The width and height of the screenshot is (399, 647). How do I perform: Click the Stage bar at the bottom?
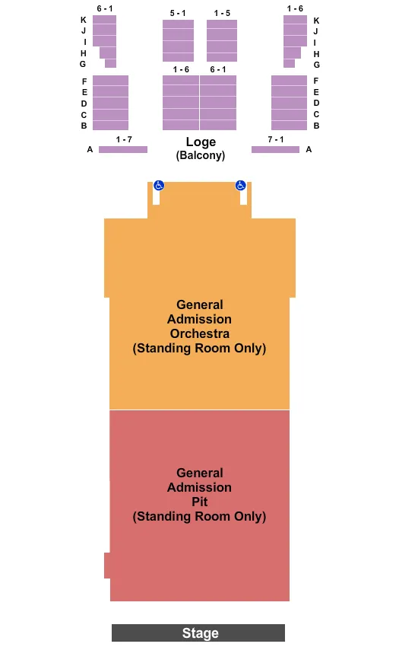[x=198, y=633]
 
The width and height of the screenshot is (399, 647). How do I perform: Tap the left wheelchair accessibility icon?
[x=159, y=185]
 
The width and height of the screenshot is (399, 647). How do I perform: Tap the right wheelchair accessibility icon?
[x=240, y=185]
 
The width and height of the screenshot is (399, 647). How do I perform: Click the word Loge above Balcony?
[x=201, y=142]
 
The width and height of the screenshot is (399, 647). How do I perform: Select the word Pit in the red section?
[x=200, y=502]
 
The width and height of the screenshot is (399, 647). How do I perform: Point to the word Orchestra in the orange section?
[x=200, y=333]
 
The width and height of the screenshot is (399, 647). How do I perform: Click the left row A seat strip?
[x=122, y=149]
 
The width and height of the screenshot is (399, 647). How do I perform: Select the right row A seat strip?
[x=275, y=149]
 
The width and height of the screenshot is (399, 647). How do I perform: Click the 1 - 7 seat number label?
[x=124, y=139]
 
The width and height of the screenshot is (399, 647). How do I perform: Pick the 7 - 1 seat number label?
[x=276, y=139]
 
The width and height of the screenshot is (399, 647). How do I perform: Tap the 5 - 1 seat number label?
[x=178, y=13]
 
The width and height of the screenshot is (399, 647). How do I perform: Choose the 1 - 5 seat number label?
[x=222, y=13]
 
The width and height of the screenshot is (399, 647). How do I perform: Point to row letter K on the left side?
[x=84, y=20]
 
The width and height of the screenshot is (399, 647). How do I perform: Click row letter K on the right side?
[x=316, y=21]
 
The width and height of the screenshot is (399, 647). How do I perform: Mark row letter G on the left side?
[x=83, y=65]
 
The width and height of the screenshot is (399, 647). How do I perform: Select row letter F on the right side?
[x=316, y=81]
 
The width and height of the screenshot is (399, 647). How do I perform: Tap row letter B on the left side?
[x=84, y=126]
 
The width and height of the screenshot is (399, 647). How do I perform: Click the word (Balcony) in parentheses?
[x=201, y=155]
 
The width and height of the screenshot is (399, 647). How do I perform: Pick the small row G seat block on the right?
[x=289, y=64]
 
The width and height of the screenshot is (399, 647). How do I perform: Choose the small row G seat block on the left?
[x=110, y=64]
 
